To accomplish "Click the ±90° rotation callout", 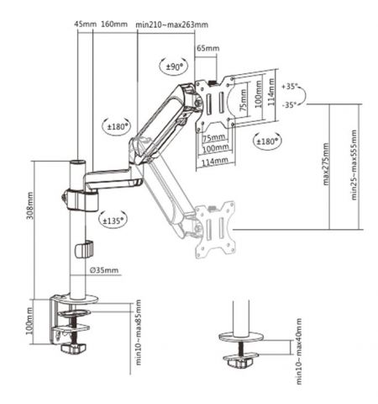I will pyautogui.click(x=175, y=66).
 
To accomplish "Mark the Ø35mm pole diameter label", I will pyautogui.click(x=104, y=271).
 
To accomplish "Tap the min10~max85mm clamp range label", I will pyautogui.click(x=137, y=338).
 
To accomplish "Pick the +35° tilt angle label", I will pyautogui.click(x=291, y=86).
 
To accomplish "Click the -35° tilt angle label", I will pyautogui.click(x=291, y=105).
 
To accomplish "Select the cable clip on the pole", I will pyautogui.click(x=82, y=250).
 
